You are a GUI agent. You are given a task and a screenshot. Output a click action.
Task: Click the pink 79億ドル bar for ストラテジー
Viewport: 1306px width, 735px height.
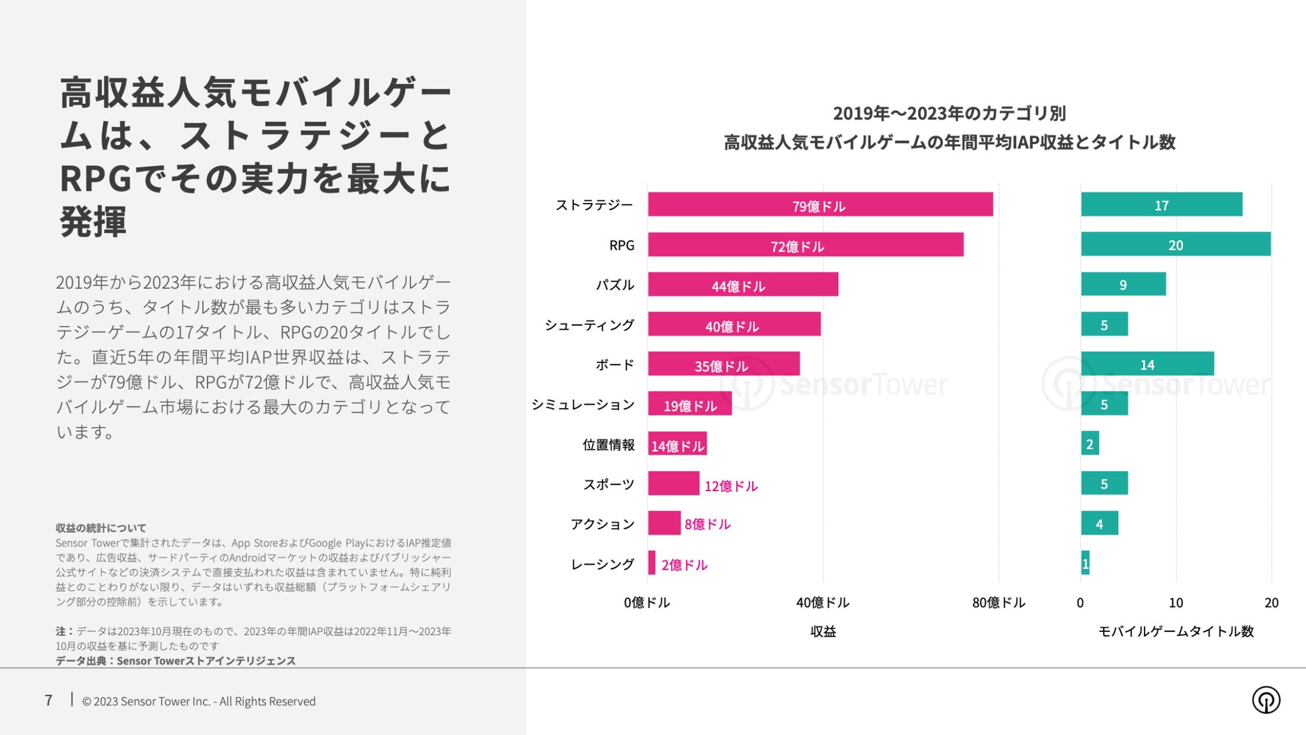pos(820,204)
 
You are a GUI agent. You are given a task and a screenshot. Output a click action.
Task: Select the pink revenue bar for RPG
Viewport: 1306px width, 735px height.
pos(805,245)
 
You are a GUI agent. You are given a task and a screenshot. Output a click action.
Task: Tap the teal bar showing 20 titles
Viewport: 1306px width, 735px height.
pos(1175,245)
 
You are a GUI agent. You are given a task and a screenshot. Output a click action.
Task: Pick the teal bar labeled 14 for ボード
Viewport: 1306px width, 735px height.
pos(1147,364)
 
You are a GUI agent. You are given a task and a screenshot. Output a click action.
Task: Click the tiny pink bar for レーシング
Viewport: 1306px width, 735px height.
pos(652,563)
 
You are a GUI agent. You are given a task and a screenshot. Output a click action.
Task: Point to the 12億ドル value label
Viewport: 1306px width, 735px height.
pos(731,486)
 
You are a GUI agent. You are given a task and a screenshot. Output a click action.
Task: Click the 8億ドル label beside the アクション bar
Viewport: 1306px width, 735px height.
pos(707,524)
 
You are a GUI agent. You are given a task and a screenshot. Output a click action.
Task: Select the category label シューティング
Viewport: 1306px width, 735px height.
pos(589,325)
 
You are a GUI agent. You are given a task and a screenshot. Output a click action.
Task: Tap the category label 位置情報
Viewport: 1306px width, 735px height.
pos(608,444)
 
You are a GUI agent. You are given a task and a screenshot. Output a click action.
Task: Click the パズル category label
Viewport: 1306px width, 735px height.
pos(615,285)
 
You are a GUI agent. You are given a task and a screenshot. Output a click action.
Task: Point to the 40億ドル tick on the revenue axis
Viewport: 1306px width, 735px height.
pos(822,602)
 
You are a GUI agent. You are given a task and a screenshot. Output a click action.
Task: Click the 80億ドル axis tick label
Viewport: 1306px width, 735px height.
pos(998,602)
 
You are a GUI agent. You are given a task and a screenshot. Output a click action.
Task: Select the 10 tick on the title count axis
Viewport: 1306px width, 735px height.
pos(1175,602)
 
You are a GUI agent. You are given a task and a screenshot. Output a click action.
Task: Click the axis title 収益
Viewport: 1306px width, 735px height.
pos(822,631)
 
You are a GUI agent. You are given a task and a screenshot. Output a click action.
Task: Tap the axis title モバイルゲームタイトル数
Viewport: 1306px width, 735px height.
pos(1175,631)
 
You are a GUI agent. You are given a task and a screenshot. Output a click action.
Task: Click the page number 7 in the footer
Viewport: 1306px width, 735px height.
pos(48,700)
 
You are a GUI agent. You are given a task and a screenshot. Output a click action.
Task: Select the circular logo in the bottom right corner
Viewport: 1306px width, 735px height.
pos(1265,700)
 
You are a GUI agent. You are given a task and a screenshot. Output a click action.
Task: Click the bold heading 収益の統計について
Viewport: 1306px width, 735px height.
pos(100,528)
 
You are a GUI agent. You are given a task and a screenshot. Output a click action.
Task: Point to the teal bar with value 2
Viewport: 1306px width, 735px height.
pos(1090,444)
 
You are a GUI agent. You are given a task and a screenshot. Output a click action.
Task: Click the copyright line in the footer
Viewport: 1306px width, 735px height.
pos(198,701)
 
